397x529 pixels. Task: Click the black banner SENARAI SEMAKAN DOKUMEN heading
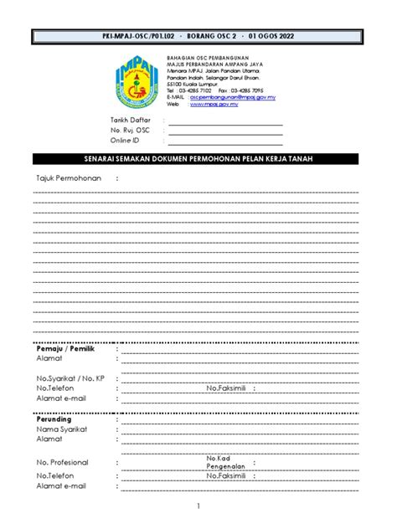[x=198, y=160]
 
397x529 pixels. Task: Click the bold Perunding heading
[x=54, y=419]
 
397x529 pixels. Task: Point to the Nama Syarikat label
[x=60, y=429]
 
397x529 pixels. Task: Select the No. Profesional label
[x=63, y=462]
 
